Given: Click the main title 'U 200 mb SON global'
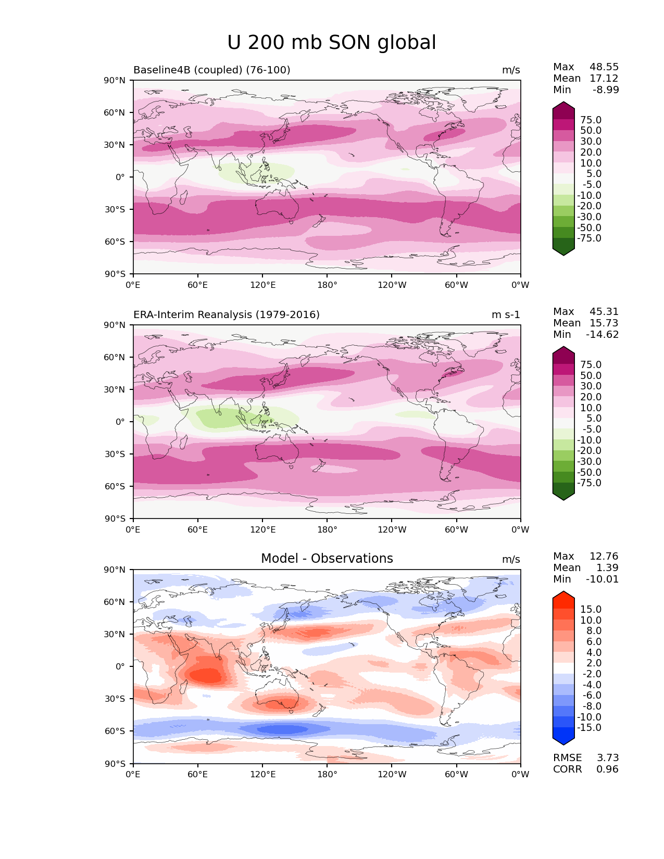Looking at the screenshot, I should coord(332,43).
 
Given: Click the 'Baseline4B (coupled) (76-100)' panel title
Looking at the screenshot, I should coord(212,70).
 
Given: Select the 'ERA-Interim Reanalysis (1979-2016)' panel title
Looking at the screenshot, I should coord(227,315).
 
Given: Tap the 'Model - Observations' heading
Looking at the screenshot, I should coord(327,559).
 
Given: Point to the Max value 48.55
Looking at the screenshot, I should coord(604,67).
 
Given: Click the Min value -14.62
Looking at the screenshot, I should coord(602,335).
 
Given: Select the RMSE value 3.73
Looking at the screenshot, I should coord(607,758).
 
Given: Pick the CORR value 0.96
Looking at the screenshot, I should coord(607,769).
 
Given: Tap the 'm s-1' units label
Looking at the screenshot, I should coord(506,315).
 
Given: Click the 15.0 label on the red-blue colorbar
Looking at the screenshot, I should coord(591,610).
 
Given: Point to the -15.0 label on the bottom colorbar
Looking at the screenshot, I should coord(589,728).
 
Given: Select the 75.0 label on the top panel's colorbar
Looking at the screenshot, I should coord(591,120).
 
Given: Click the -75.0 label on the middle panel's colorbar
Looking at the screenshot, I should coord(589,483).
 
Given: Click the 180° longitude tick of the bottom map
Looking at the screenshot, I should coord(327,775).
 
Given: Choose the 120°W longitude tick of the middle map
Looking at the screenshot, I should coord(392,530).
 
